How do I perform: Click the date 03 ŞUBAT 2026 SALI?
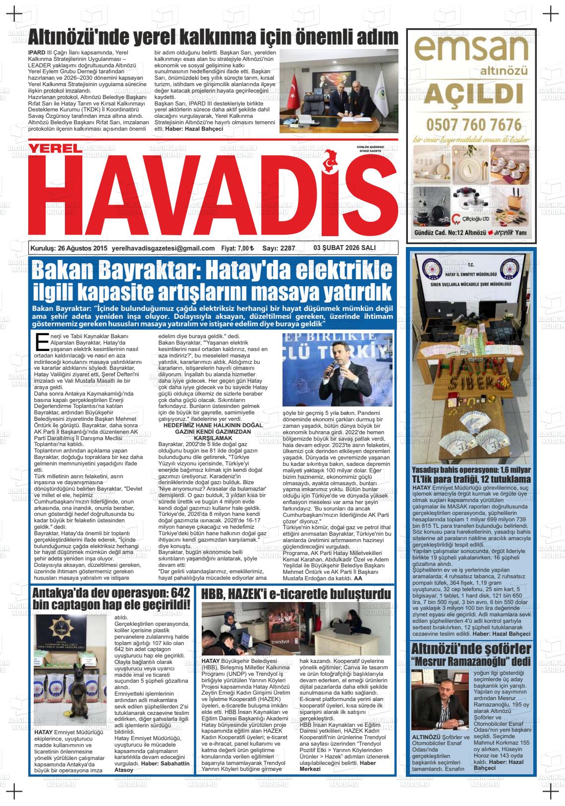345,248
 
